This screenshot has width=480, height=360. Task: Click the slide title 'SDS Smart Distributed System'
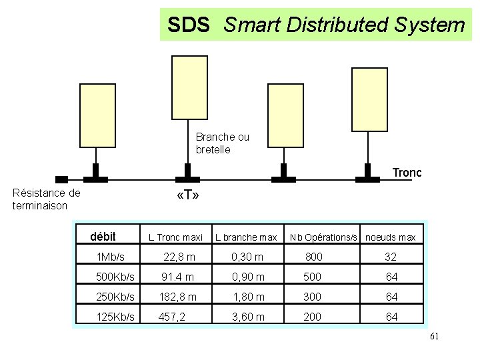tap(316, 25)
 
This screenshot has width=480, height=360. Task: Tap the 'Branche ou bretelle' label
tap(223, 143)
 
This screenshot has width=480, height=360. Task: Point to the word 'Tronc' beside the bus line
tap(407, 173)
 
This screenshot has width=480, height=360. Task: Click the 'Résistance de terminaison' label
tap(46, 199)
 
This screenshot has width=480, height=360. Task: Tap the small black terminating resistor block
tap(61, 179)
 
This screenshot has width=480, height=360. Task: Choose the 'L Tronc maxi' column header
tap(175, 237)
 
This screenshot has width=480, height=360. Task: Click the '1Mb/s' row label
tap(111, 257)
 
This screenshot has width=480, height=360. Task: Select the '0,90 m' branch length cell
tap(248, 277)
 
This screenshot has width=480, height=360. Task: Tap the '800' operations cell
tap(313, 257)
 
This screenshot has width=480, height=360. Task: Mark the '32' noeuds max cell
tap(391, 257)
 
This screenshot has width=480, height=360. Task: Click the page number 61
tap(434, 337)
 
